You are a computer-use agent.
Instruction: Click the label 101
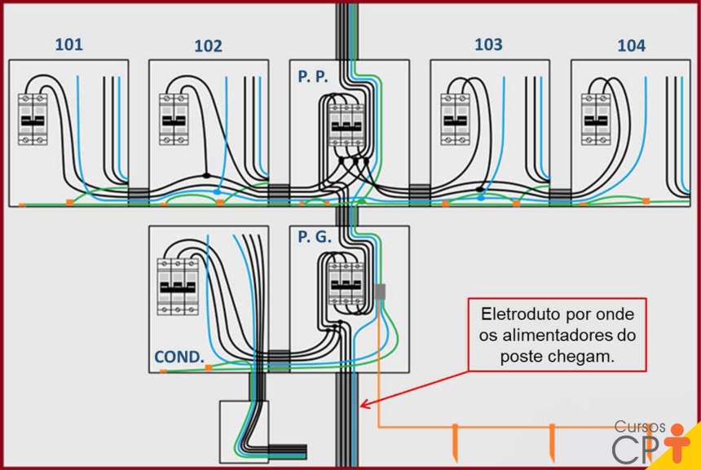(x=68, y=44)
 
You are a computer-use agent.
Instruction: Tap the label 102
(x=208, y=46)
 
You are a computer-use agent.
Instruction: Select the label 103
(x=488, y=44)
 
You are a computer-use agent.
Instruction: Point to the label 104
(x=631, y=46)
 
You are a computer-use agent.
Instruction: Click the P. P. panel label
(x=314, y=77)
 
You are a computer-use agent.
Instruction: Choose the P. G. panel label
(x=314, y=237)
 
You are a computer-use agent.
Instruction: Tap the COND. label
(x=179, y=357)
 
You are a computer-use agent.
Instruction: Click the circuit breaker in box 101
(x=33, y=119)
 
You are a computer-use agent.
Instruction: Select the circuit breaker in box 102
(x=173, y=119)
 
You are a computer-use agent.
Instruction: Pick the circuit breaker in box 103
(x=455, y=119)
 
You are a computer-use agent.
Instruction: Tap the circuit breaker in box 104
(x=596, y=119)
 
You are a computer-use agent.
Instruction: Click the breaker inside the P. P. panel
(x=345, y=126)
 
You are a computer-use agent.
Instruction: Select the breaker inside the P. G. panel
(x=345, y=287)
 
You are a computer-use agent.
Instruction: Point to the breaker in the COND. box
(x=179, y=288)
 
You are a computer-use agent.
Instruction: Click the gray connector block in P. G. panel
(x=380, y=291)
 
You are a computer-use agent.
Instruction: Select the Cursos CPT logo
(x=650, y=440)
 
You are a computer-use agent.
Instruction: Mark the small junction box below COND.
(x=245, y=431)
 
